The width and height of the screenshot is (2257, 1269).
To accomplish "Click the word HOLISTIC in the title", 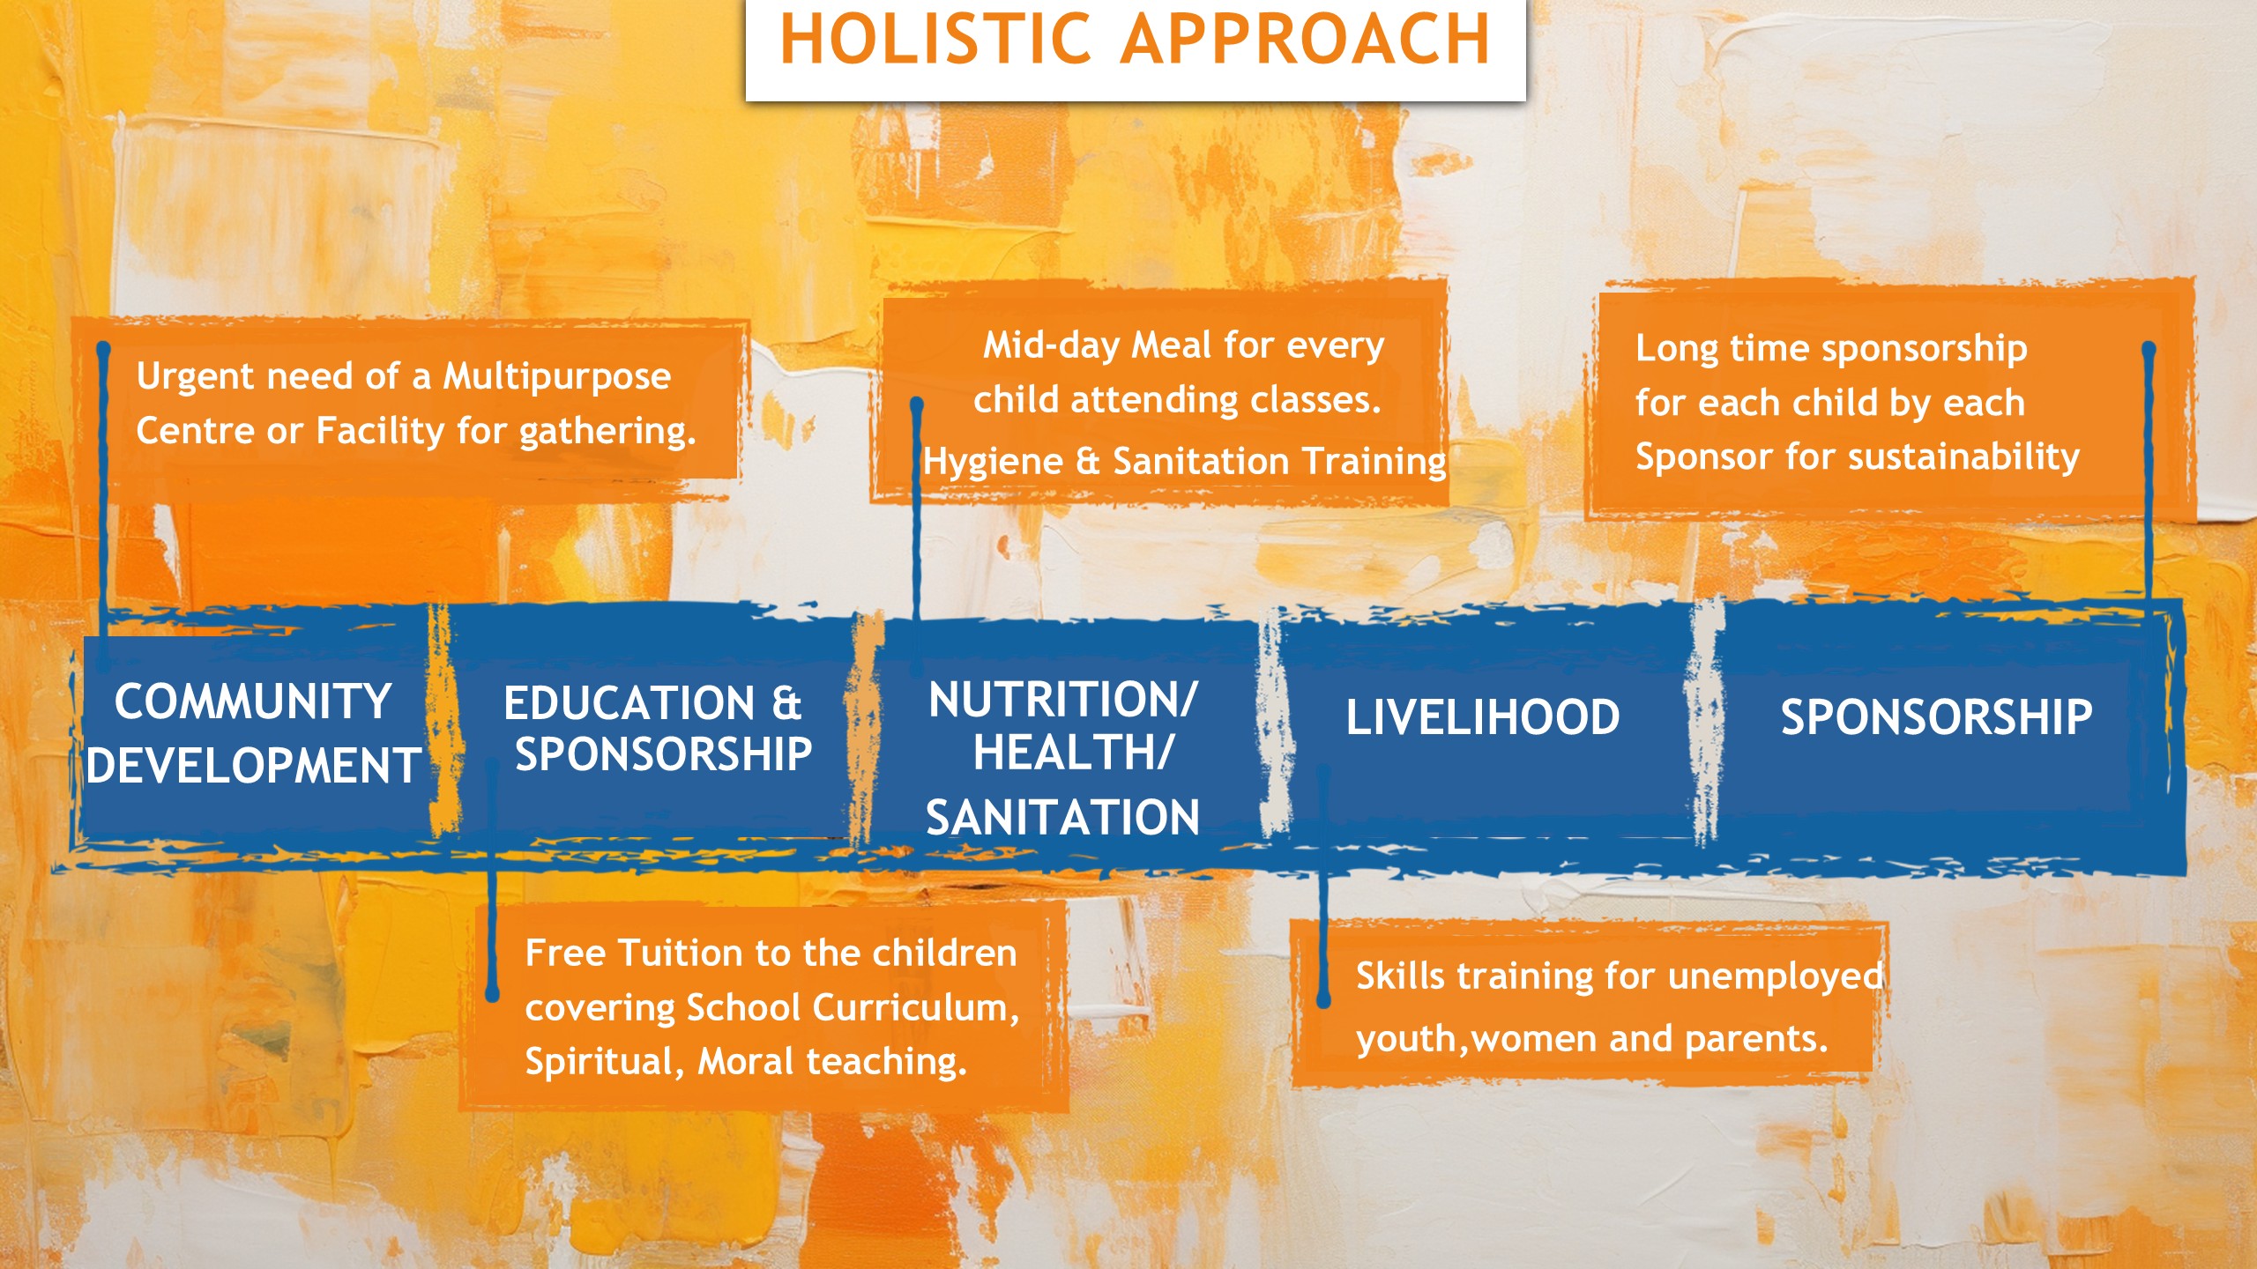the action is tap(935, 40).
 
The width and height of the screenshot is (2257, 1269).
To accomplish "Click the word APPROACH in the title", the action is tap(1307, 40).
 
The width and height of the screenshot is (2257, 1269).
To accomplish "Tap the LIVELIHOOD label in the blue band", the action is tap(1483, 716).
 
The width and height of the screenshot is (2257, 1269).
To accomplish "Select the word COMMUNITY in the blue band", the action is tap(253, 702).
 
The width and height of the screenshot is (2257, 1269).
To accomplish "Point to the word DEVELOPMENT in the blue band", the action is tap(253, 765).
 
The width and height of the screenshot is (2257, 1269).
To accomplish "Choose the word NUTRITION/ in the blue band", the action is tap(1063, 700).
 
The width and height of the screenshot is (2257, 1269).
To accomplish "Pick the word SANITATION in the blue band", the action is tap(1063, 817).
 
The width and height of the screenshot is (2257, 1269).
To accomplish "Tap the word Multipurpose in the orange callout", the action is tap(556, 377).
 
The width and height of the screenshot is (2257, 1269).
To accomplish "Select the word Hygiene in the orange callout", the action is tap(993, 462).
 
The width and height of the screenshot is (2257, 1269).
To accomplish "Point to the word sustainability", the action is tap(1963, 457).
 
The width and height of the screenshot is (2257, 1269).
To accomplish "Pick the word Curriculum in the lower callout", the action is tap(912, 1007).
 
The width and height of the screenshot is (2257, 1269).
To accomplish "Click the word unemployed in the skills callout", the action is tap(1776, 976).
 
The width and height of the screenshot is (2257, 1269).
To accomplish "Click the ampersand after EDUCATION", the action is tap(786, 703).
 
